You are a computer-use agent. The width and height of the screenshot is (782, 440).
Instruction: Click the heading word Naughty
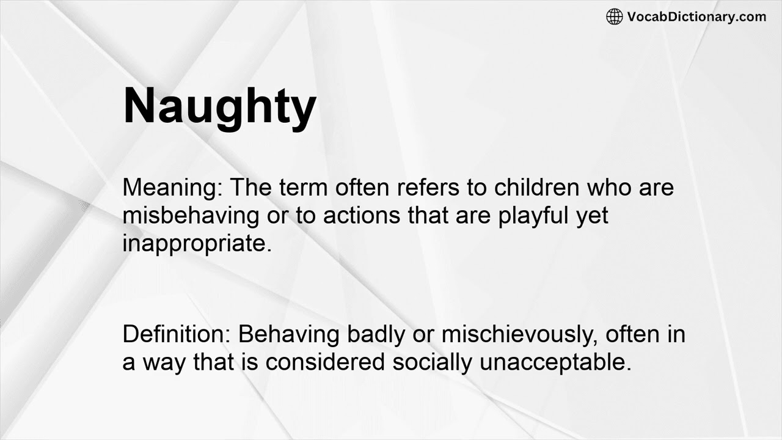point(219,107)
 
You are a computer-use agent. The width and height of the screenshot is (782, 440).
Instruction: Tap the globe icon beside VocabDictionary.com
point(614,16)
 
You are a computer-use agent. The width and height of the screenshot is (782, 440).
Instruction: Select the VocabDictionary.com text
point(696,16)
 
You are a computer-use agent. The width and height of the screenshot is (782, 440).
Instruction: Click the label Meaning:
point(172,187)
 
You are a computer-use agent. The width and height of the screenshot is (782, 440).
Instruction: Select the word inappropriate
point(196,243)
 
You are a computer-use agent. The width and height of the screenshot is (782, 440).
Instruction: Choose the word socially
point(432,362)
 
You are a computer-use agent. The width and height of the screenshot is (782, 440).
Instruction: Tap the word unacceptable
point(555,362)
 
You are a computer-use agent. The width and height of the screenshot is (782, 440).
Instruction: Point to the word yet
point(593,215)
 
